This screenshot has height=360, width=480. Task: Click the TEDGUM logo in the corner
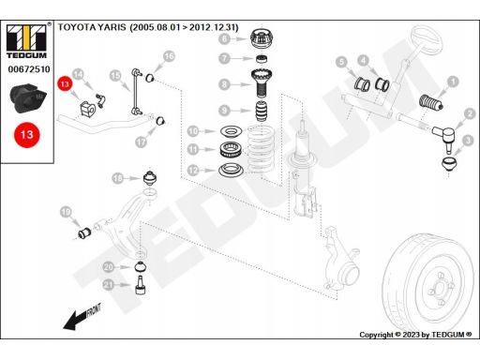click(x=26, y=41)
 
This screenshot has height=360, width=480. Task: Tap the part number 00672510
click(x=29, y=69)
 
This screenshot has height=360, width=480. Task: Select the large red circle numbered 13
click(x=27, y=135)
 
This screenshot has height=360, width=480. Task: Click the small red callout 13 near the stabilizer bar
click(x=65, y=83)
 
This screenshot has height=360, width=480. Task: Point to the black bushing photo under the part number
click(x=28, y=98)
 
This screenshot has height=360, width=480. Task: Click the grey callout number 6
click(x=224, y=38)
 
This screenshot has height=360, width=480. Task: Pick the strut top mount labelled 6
click(x=262, y=38)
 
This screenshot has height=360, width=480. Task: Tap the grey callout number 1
click(x=453, y=82)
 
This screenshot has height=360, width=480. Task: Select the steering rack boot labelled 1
click(x=430, y=102)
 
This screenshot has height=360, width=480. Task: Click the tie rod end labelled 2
click(x=445, y=139)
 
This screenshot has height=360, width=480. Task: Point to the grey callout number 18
click(x=118, y=178)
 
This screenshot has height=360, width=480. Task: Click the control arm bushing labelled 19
click(x=84, y=233)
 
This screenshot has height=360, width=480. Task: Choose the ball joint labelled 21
click(x=141, y=285)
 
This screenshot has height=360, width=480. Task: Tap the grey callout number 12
click(x=193, y=171)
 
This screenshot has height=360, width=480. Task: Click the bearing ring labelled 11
click(x=231, y=150)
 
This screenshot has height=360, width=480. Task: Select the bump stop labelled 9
click(x=262, y=111)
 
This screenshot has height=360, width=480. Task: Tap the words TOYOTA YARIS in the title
click(x=92, y=27)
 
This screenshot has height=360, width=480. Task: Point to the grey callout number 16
click(x=169, y=56)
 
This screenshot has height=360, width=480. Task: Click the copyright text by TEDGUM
click(x=415, y=335)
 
